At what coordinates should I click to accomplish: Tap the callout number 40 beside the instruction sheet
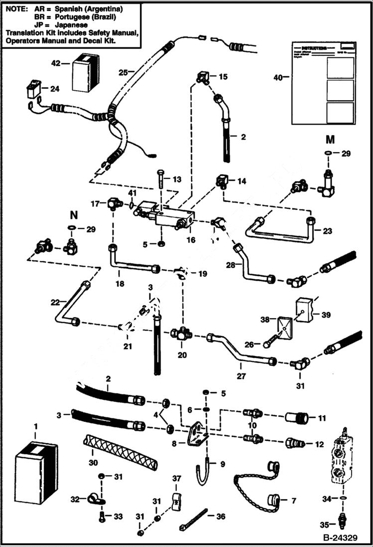click(279, 77)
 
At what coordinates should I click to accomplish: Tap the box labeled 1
click(35, 471)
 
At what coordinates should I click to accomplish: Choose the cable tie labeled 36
click(190, 518)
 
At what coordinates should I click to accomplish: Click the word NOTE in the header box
click(15, 9)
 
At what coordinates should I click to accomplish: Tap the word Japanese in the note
click(71, 24)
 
